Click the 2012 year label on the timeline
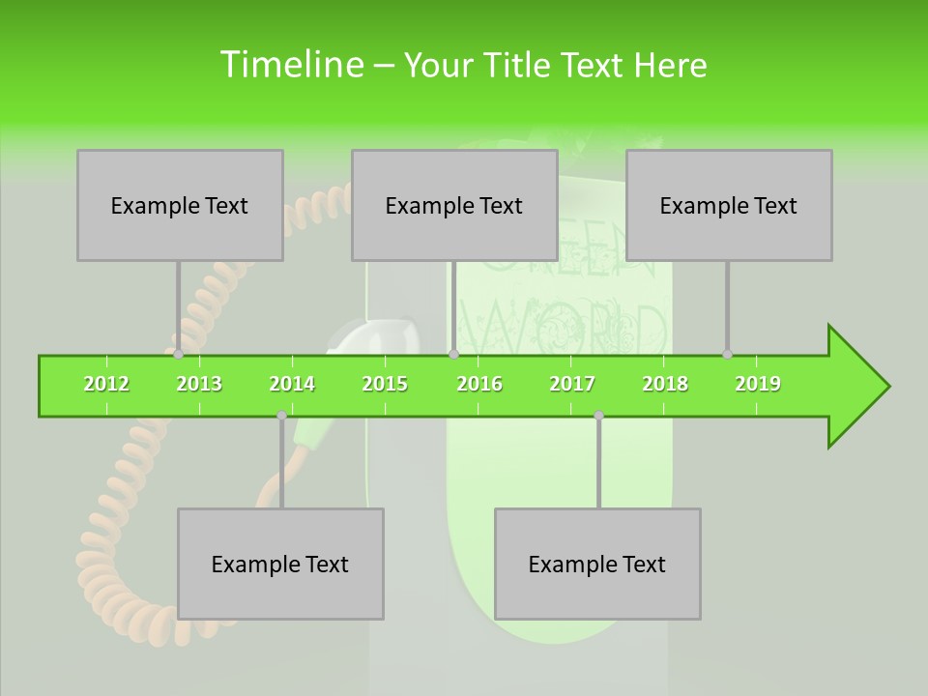pyautogui.click(x=106, y=384)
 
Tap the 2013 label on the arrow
pyautogui.click(x=199, y=384)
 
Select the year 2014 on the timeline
pyautogui.click(x=292, y=384)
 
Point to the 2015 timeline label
pyautogui.click(x=385, y=384)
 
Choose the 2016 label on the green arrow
pyautogui.click(x=479, y=384)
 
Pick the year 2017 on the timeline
pyautogui.click(x=572, y=384)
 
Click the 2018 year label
pyautogui.click(x=665, y=384)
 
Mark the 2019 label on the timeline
pyautogui.click(x=758, y=384)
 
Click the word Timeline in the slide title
pyautogui.click(x=290, y=65)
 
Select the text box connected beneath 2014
pyautogui.click(x=280, y=564)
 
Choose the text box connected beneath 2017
pyautogui.click(x=597, y=564)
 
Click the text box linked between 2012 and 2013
pyautogui.click(x=180, y=205)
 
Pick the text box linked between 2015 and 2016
pyautogui.click(x=454, y=205)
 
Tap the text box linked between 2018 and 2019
pyautogui.click(x=729, y=205)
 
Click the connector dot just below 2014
pyautogui.click(x=281, y=416)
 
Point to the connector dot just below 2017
pyautogui.click(x=598, y=416)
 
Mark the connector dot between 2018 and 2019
pyautogui.click(x=727, y=354)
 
